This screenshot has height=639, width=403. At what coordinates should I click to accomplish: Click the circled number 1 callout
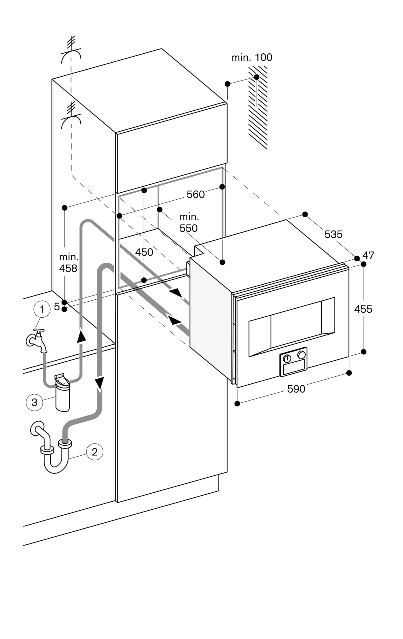pyautogui.click(x=41, y=309)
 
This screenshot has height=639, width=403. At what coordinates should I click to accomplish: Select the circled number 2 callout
pyautogui.click(x=94, y=452)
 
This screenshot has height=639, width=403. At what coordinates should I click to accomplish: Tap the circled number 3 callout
pyautogui.click(x=34, y=402)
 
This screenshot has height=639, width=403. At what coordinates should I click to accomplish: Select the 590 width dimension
pyautogui.click(x=296, y=389)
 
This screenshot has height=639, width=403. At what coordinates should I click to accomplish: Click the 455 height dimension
pyautogui.click(x=363, y=309)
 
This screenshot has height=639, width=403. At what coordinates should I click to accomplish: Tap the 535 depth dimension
pyautogui.click(x=333, y=234)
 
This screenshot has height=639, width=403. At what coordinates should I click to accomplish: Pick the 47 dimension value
pyautogui.click(x=368, y=255)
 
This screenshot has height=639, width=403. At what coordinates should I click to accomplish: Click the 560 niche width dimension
pyautogui.click(x=195, y=194)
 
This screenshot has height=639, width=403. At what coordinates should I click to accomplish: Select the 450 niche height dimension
pyautogui.click(x=144, y=252)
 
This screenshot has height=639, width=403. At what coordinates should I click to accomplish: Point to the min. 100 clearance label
pyautogui.click(x=252, y=58)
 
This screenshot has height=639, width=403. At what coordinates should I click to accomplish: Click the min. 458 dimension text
pyautogui.click(x=68, y=263)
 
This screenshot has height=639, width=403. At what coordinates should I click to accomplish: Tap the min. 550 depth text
pyautogui.click(x=189, y=223)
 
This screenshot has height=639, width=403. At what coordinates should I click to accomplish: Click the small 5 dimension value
pyautogui.click(x=57, y=307)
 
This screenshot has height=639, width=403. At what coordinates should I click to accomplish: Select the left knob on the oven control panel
pyautogui.click(x=287, y=358)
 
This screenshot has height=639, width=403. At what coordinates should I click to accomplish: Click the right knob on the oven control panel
pyautogui.click(x=301, y=355)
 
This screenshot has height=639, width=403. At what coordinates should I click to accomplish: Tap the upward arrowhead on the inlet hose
pyautogui.click(x=81, y=336)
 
